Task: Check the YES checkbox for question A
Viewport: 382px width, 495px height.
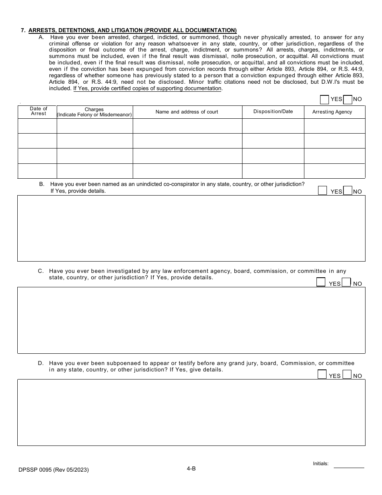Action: tap(324, 99)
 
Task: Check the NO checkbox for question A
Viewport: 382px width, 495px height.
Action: tap(348, 99)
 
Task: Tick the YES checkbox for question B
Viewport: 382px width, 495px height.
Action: tap(322, 191)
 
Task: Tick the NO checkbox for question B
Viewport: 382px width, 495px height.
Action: tap(348, 191)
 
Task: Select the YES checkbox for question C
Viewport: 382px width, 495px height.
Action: tap(321, 282)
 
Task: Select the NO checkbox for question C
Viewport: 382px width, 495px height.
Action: tap(346, 282)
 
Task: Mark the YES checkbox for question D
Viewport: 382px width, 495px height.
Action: tap(322, 374)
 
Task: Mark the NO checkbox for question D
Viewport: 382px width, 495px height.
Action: tap(347, 374)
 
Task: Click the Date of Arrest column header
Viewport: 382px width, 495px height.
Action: tap(38, 111)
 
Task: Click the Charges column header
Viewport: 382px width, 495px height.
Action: tap(94, 112)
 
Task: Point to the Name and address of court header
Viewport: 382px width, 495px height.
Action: tap(187, 112)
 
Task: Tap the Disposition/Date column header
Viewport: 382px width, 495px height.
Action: tap(273, 111)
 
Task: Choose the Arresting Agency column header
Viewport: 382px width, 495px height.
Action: tap(332, 112)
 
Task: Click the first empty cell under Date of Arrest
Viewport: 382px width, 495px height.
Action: tap(37, 126)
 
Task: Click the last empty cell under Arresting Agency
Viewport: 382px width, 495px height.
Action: tap(335, 171)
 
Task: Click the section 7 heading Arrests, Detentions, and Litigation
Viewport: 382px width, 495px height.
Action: tap(133, 30)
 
